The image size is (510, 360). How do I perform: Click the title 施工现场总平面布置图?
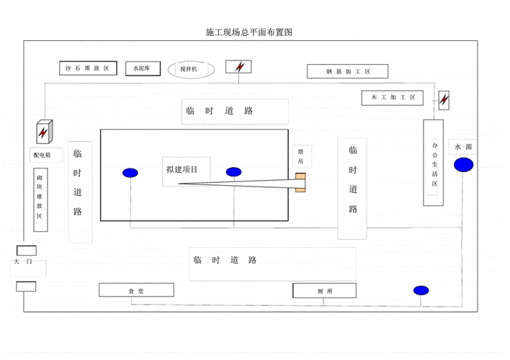pyautogui.click(x=249, y=33)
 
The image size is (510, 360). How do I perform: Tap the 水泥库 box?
pyautogui.click(x=140, y=68)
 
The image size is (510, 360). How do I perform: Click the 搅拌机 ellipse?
pyautogui.click(x=192, y=69)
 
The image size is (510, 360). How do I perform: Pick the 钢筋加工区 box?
pyautogui.click(x=347, y=71)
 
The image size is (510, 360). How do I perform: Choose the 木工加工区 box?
pyautogui.click(x=393, y=97)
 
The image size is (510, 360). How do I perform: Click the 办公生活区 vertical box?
pyautogui.click(x=434, y=163)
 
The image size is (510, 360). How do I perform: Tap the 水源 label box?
pyautogui.click(x=462, y=147)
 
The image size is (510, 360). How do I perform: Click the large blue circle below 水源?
pyautogui.click(x=464, y=165)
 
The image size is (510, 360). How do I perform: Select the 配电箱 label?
pyautogui.click(x=42, y=154)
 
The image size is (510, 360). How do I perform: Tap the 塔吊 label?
pyautogui.click(x=301, y=157)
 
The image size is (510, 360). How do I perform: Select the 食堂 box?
pyautogui.click(x=136, y=290)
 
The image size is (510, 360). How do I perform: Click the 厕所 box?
pyautogui.click(x=324, y=290)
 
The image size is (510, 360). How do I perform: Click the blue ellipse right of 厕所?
pyautogui.click(x=421, y=290)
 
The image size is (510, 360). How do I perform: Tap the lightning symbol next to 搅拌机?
pyautogui.click(x=239, y=67)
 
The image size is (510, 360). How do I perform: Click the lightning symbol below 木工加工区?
pyautogui.click(x=444, y=99)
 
